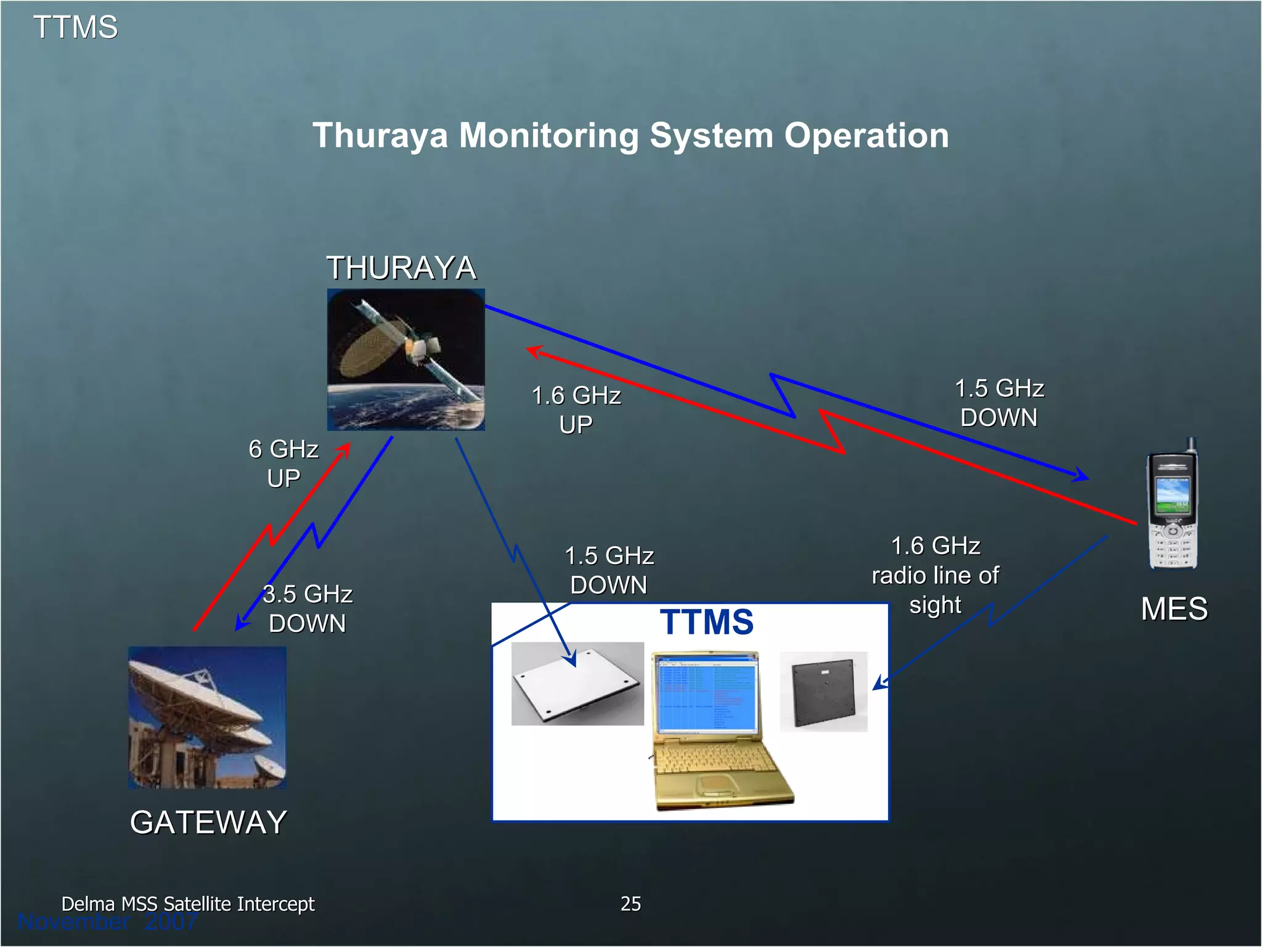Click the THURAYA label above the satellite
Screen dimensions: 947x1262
click(x=401, y=268)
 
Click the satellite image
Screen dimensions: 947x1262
click(x=405, y=359)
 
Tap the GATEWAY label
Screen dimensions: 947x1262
click(x=208, y=822)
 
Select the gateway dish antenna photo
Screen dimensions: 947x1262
click(x=207, y=717)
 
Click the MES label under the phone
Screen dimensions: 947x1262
click(x=1173, y=609)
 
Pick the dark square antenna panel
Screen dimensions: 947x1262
click(x=823, y=692)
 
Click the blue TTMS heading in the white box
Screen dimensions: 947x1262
click(x=706, y=621)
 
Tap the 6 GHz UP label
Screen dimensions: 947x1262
click(x=283, y=463)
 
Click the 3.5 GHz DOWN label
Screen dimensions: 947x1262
click(x=307, y=609)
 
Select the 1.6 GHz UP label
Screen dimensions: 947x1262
click(x=576, y=409)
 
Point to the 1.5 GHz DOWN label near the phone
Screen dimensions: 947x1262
click(x=999, y=403)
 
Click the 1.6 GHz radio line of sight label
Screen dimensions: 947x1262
click(x=935, y=575)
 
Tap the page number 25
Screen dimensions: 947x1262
click(x=630, y=903)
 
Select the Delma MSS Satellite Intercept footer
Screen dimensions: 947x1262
click(x=187, y=903)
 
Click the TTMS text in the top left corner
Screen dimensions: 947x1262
click(x=75, y=27)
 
